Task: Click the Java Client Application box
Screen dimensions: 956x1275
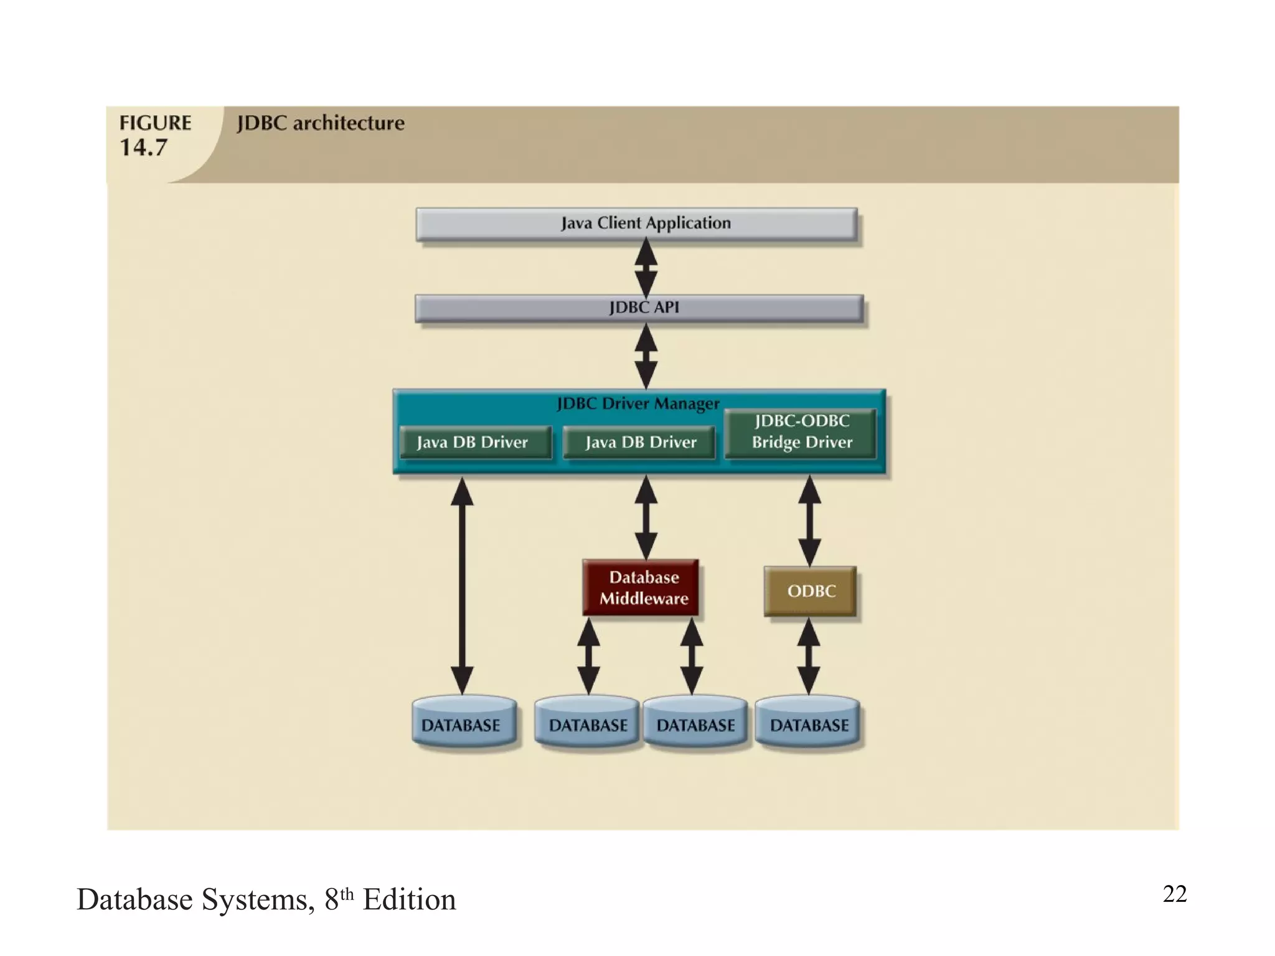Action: [x=636, y=224]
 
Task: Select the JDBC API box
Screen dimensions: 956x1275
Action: [x=639, y=308]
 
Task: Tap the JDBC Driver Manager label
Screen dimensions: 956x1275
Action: [x=637, y=403]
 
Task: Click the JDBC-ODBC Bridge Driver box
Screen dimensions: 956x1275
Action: [x=801, y=433]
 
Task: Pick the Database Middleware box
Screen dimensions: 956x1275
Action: [x=641, y=588]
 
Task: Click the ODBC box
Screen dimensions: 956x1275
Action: [x=810, y=591]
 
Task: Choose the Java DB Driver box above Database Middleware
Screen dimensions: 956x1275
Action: [x=639, y=442]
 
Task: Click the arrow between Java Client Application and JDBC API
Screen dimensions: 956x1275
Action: [x=646, y=268]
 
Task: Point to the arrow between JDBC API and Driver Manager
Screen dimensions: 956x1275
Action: [x=646, y=356]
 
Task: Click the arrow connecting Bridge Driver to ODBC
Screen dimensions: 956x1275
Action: [x=809, y=520]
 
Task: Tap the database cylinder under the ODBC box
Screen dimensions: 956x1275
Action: [x=808, y=723]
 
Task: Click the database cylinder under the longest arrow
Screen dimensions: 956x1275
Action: [x=464, y=723]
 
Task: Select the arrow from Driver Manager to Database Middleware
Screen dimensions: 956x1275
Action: [x=646, y=517]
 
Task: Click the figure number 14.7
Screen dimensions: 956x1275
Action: [x=143, y=148]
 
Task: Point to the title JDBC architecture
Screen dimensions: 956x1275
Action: [x=321, y=123]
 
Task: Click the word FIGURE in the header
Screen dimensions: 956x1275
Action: [x=155, y=123]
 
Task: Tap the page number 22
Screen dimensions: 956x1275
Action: [x=1174, y=894]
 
